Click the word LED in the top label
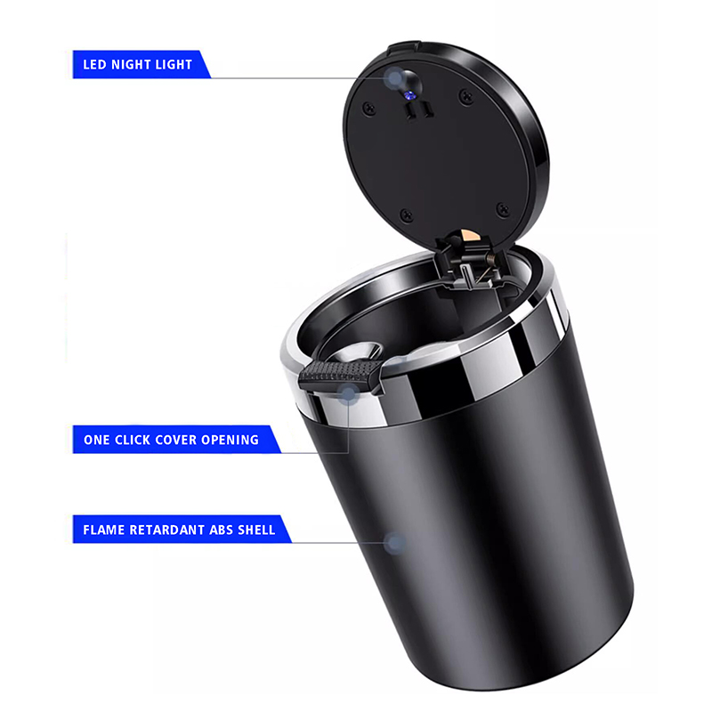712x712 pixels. point(95,64)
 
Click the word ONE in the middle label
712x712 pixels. point(96,440)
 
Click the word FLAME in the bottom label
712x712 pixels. point(103,530)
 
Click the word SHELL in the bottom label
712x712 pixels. point(256,530)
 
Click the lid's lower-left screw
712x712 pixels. point(406,214)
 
